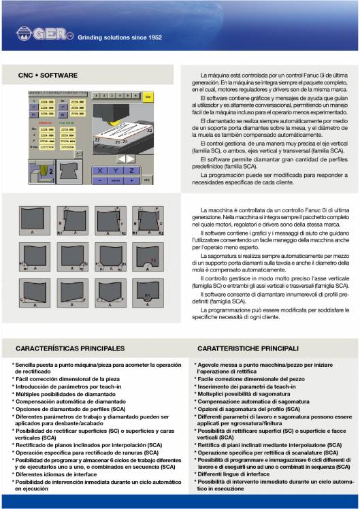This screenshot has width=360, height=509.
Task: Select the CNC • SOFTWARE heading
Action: tap(48, 75)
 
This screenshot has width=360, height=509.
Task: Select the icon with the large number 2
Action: tap(44, 171)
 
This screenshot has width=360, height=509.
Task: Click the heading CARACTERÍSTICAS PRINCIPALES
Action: tap(70, 348)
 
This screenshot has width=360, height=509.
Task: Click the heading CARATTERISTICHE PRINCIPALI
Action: tap(248, 348)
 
